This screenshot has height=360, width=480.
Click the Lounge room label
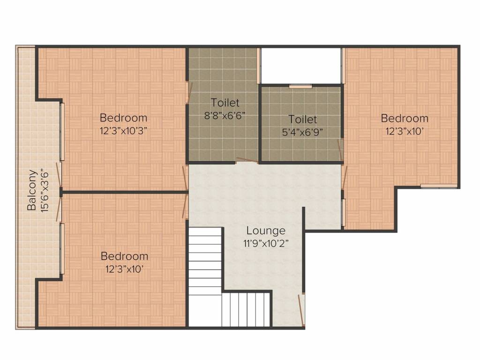[x=266, y=231]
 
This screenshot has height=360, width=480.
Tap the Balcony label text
[x=32, y=190]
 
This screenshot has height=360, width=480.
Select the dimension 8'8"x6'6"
[x=225, y=116]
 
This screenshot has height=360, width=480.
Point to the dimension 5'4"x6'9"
[x=302, y=132]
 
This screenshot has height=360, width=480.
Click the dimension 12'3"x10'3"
[x=124, y=131]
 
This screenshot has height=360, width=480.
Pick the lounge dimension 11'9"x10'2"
[x=266, y=244]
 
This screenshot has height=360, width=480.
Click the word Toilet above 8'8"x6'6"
[x=225, y=103]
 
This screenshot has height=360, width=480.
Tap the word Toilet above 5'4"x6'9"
[x=302, y=119]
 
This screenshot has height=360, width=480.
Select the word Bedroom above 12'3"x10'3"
[x=123, y=118]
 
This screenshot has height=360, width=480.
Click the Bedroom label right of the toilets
[x=405, y=118]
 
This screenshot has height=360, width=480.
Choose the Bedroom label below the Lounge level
[x=124, y=256]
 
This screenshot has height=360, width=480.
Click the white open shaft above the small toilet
[x=301, y=66]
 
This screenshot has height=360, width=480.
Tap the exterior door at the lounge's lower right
[x=301, y=310]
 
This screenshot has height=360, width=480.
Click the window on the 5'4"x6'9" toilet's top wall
[x=300, y=86]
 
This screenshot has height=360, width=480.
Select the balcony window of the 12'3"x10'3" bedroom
[x=62, y=132]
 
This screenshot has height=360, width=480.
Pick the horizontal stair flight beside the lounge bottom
[x=246, y=309]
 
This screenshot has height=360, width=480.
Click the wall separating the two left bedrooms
[x=124, y=192]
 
